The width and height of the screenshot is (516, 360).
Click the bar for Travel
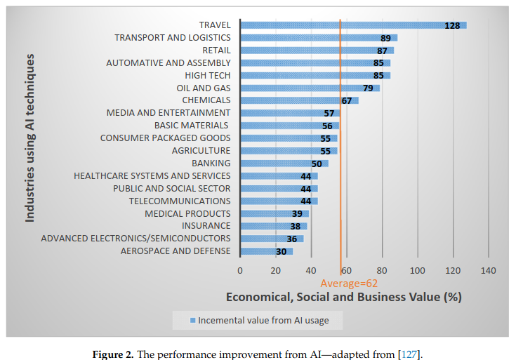(x=353, y=25)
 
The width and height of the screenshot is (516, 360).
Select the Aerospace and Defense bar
(x=266, y=251)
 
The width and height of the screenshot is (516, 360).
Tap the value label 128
(x=452, y=25)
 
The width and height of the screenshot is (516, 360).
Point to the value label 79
(x=368, y=88)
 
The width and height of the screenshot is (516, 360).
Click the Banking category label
(x=211, y=164)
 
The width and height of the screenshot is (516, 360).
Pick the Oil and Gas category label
(x=203, y=88)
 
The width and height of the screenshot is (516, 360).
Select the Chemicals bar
(x=299, y=101)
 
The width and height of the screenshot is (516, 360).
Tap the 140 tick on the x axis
(x=488, y=270)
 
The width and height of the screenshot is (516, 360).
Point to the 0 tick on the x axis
(x=240, y=270)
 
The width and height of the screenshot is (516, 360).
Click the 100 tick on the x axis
(x=418, y=270)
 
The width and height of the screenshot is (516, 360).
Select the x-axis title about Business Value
(x=343, y=297)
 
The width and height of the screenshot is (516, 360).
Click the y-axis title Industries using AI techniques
(x=30, y=138)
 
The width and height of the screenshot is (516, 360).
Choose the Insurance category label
(x=206, y=226)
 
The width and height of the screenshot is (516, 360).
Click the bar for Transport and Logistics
(x=319, y=38)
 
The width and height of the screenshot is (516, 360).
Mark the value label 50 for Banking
(x=317, y=164)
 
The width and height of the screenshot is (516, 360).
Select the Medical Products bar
(x=274, y=214)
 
